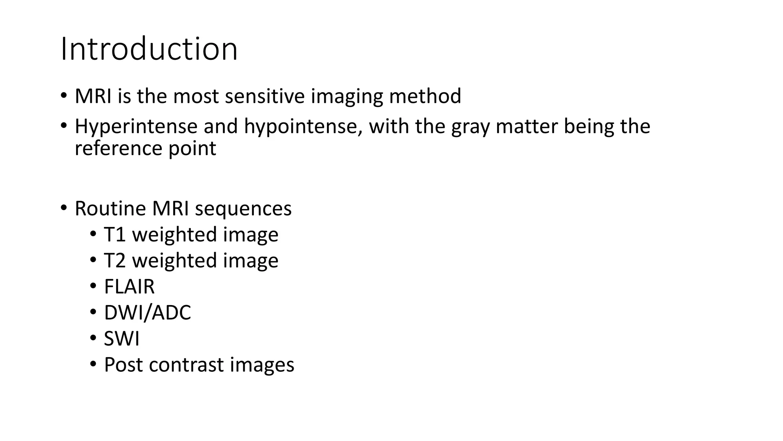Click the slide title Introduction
[149, 49]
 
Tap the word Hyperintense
[136, 126]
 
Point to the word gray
[470, 126]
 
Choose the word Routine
[110, 209]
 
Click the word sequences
[243, 209]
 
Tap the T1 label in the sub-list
[115, 234]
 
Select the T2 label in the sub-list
[115, 260]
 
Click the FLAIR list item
[129, 286]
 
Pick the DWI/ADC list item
[147, 312]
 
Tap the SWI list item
[122, 338]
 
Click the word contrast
[186, 364]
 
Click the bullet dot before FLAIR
[93, 286]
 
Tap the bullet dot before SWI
[93, 338]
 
